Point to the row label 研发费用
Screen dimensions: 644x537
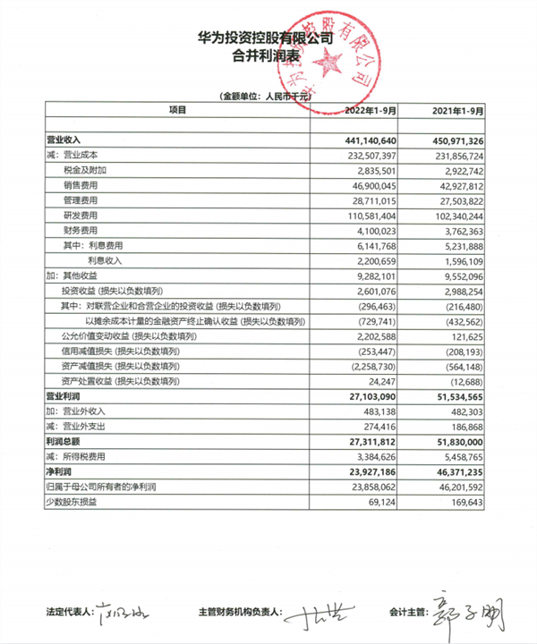pos(80,216)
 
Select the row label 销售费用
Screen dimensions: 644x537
pos(80,186)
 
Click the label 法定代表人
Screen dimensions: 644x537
pos(71,614)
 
